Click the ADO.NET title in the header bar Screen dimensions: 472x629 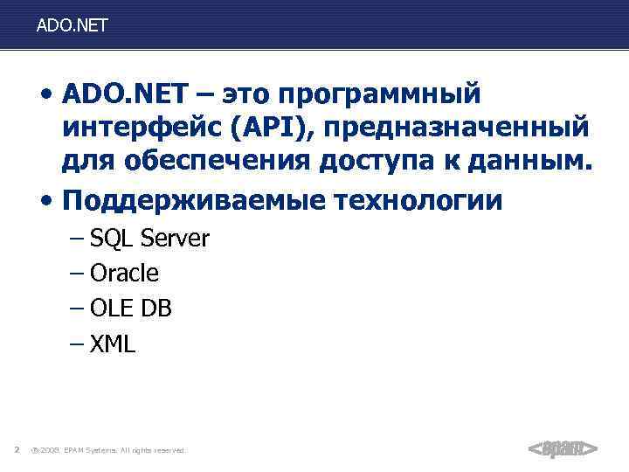73,26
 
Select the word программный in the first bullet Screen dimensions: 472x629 384,94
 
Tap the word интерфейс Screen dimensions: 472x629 141,129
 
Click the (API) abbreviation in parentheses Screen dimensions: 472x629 273,129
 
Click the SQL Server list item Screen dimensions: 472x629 149,239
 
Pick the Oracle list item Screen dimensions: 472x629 124,274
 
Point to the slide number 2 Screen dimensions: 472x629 17,450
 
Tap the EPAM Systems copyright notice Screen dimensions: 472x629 107,450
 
